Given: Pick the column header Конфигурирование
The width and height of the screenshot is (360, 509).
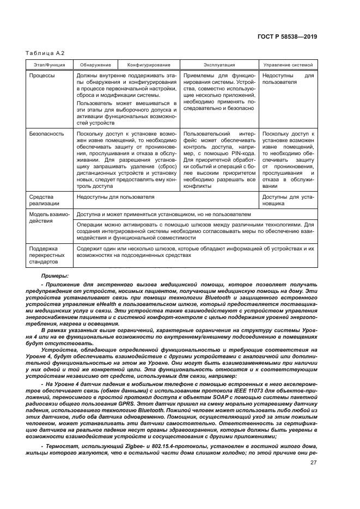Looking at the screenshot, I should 149,64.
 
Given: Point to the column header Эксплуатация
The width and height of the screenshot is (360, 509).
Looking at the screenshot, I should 219,64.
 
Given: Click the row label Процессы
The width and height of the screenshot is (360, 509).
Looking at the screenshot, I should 42,76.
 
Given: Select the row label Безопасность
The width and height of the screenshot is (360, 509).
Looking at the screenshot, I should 46,133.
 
